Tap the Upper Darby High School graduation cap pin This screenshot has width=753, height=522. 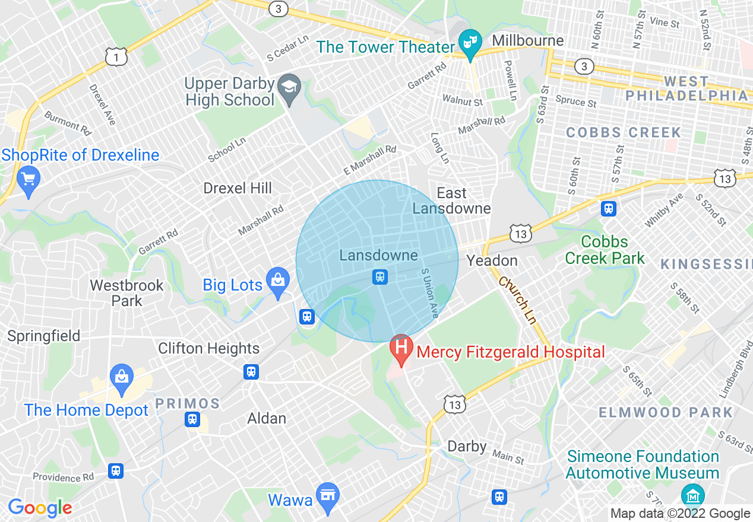290,85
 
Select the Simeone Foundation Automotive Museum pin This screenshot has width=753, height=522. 692,495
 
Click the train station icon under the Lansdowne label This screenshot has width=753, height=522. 379,276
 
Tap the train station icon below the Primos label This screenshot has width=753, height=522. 192,419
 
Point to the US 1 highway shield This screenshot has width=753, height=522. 116,57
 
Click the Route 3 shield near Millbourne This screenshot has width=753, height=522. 584,66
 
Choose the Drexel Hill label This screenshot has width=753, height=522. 238,189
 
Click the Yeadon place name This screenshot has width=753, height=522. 492,260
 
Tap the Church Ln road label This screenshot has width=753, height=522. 517,301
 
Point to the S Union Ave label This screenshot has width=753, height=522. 429,292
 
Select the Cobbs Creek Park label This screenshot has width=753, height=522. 605,250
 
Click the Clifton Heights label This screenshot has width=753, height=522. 208,348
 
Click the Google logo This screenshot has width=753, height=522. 40,508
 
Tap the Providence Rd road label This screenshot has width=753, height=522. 64,477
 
